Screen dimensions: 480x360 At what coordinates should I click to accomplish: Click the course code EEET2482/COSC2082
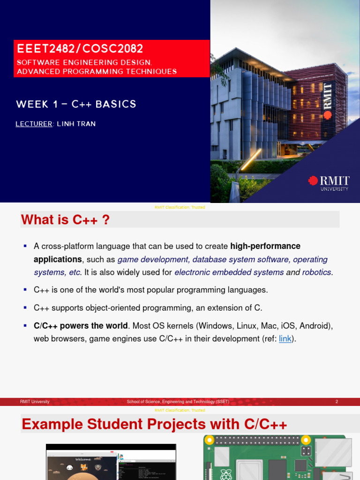(80, 49)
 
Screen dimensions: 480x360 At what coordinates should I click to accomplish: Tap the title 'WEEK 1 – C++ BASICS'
(76, 104)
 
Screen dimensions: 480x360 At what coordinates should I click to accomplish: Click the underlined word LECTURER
(34, 124)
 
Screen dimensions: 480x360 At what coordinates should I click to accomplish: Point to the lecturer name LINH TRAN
(76, 124)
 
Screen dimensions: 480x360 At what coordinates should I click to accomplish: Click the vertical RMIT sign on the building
(328, 100)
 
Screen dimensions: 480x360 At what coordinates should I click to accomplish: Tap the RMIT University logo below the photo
(329, 183)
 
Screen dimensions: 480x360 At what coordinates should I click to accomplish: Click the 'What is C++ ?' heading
(66, 220)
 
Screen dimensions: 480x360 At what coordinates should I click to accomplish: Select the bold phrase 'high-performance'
(265, 247)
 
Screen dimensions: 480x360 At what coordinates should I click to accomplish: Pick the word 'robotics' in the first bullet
(317, 273)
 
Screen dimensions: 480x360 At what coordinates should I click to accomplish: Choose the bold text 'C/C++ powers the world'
(81, 326)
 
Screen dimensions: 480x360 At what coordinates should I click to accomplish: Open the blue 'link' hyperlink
(285, 339)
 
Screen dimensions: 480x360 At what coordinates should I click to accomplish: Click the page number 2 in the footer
(337, 402)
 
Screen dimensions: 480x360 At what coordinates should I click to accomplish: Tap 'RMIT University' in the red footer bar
(35, 402)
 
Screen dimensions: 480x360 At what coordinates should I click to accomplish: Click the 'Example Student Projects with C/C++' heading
(154, 424)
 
